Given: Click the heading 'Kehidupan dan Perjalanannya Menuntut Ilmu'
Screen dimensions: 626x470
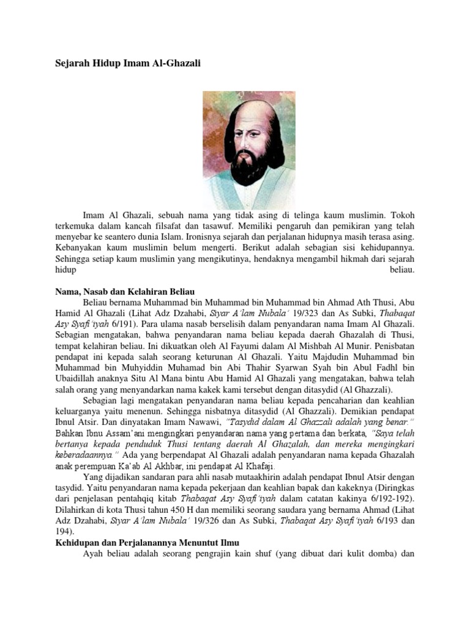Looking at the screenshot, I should click(147, 542).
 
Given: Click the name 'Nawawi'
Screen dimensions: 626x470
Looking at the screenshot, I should click(203, 422).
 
